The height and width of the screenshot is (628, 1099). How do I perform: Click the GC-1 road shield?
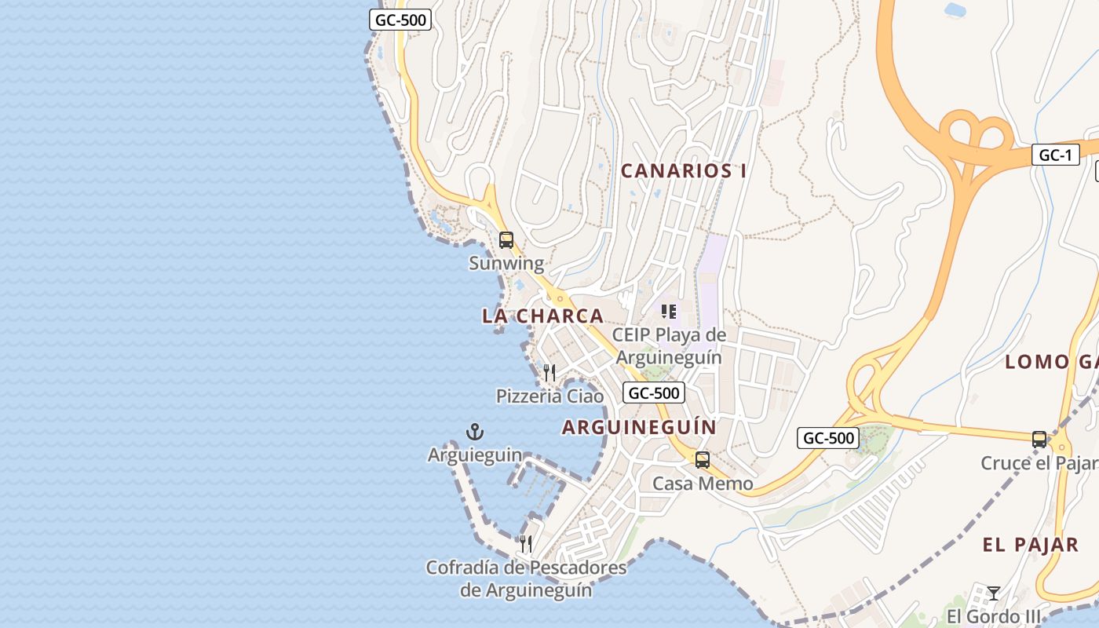point(1055,155)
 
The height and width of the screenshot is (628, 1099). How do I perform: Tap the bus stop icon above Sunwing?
point(506,240)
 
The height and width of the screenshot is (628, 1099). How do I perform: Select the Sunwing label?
point(506,263)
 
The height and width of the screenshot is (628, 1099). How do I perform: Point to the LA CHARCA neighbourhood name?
point(542,316)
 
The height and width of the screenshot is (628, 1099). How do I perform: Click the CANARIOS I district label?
point(684,170)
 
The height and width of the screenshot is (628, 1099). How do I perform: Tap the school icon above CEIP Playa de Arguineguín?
point(669,312)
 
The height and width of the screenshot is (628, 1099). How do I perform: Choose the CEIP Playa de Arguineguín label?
point(669,346)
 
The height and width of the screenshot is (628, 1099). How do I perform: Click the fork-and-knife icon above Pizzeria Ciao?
point(549,372)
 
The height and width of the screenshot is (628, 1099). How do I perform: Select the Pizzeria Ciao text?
point(549,396)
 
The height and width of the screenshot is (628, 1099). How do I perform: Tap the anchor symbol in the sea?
point(475,431)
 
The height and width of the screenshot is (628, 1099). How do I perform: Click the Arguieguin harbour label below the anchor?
point(475,455)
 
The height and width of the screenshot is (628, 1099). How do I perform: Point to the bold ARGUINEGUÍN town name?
point(639,427)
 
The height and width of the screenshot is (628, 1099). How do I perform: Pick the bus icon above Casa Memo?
point(703,460)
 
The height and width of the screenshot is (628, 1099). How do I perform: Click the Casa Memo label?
point(703,483)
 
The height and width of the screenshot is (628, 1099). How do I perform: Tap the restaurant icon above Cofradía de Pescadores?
point(526,543)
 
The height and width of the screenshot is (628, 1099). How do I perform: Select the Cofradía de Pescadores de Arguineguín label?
point(526,579)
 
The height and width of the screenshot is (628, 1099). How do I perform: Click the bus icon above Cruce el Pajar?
point(1039,439)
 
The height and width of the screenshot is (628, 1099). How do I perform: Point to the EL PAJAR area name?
point(1030,545)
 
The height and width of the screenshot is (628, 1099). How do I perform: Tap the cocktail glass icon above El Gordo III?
point(994,593)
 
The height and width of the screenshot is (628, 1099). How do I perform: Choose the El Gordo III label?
point(994,615)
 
